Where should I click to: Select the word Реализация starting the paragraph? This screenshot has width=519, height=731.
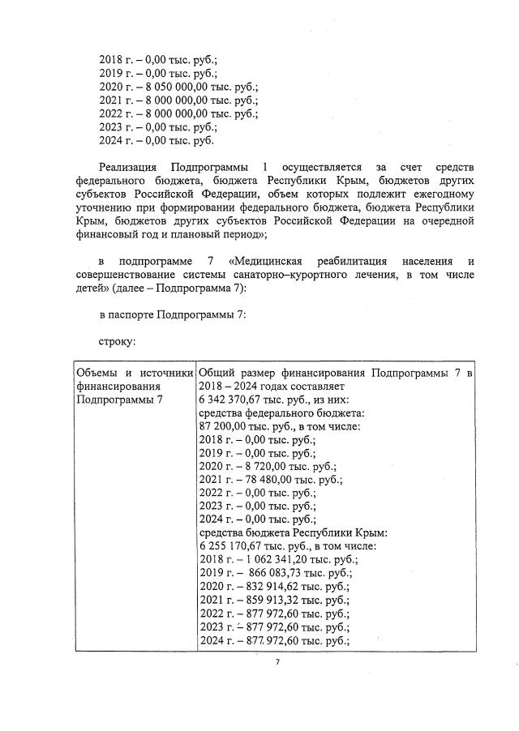pos(129,165)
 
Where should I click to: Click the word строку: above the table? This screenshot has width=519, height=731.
pos(117,342)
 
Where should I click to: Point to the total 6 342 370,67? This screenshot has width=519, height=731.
pos(229,400)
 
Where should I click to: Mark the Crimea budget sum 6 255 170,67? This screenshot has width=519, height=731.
pos(229,545)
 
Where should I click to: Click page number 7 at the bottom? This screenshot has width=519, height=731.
pos(277,662)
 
